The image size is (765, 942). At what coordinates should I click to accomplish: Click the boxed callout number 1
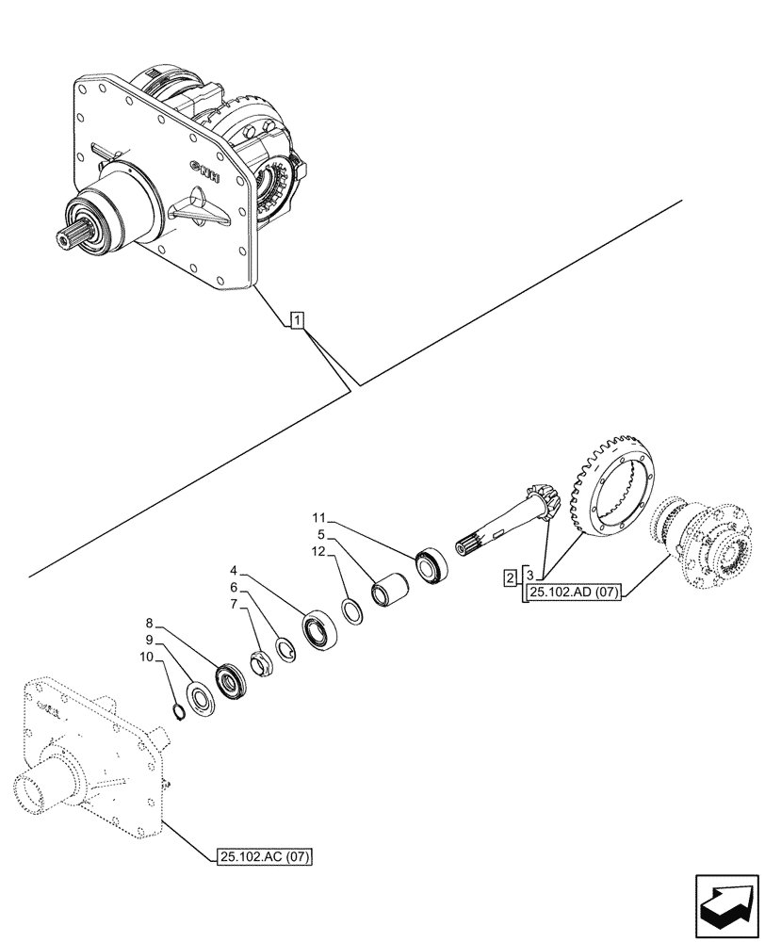point(297,322)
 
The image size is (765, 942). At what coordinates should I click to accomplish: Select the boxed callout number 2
point(510,577)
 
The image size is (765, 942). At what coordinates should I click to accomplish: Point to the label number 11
point(318,517)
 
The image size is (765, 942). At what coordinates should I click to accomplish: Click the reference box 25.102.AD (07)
point(573,592)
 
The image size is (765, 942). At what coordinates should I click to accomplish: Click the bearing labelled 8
point(231,680)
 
